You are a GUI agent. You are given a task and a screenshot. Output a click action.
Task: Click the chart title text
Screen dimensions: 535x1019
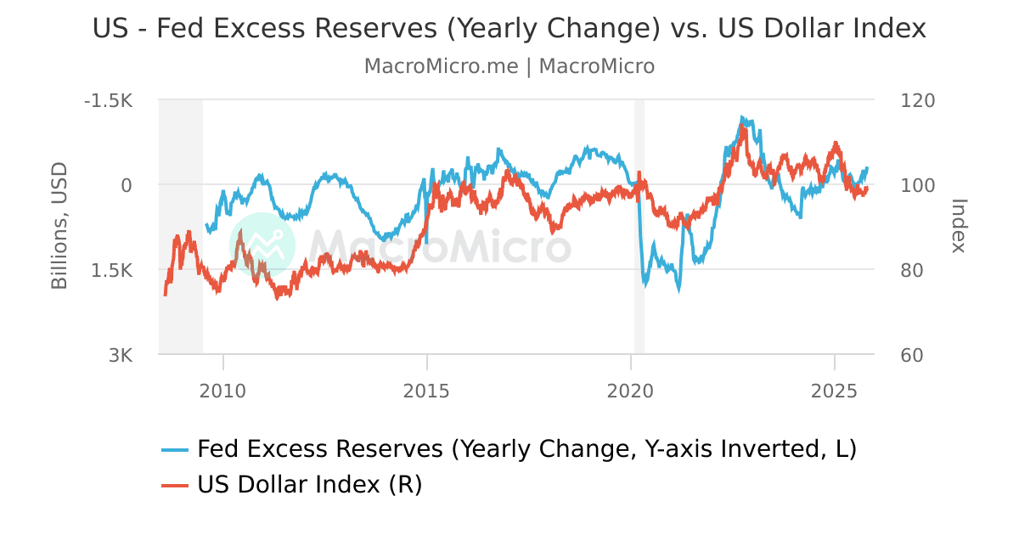(x=509, y=29)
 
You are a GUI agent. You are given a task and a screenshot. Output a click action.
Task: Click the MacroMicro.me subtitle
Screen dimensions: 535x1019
(x=509, y=66)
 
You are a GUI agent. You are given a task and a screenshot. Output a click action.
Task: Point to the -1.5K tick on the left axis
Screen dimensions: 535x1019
(x=108, y=100)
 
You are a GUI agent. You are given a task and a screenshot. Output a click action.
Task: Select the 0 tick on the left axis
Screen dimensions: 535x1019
(x=127, y=185)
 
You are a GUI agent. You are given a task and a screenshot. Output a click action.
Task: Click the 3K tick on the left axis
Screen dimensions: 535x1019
(x=120, y=355)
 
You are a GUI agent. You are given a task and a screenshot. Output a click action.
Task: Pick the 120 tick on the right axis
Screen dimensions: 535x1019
(x=917, y=100)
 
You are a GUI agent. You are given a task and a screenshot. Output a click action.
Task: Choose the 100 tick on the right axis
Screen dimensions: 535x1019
(x=917, y=185)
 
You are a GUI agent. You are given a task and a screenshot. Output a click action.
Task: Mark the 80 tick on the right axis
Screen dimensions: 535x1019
(x=912, y=270)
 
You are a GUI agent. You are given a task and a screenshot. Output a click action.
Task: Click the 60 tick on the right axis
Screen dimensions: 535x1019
(x=912, y=355)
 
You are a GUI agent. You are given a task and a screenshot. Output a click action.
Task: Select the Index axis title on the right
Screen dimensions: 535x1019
(x=958, y=226)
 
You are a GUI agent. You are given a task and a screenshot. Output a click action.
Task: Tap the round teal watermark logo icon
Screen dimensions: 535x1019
(x=262, y=245)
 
